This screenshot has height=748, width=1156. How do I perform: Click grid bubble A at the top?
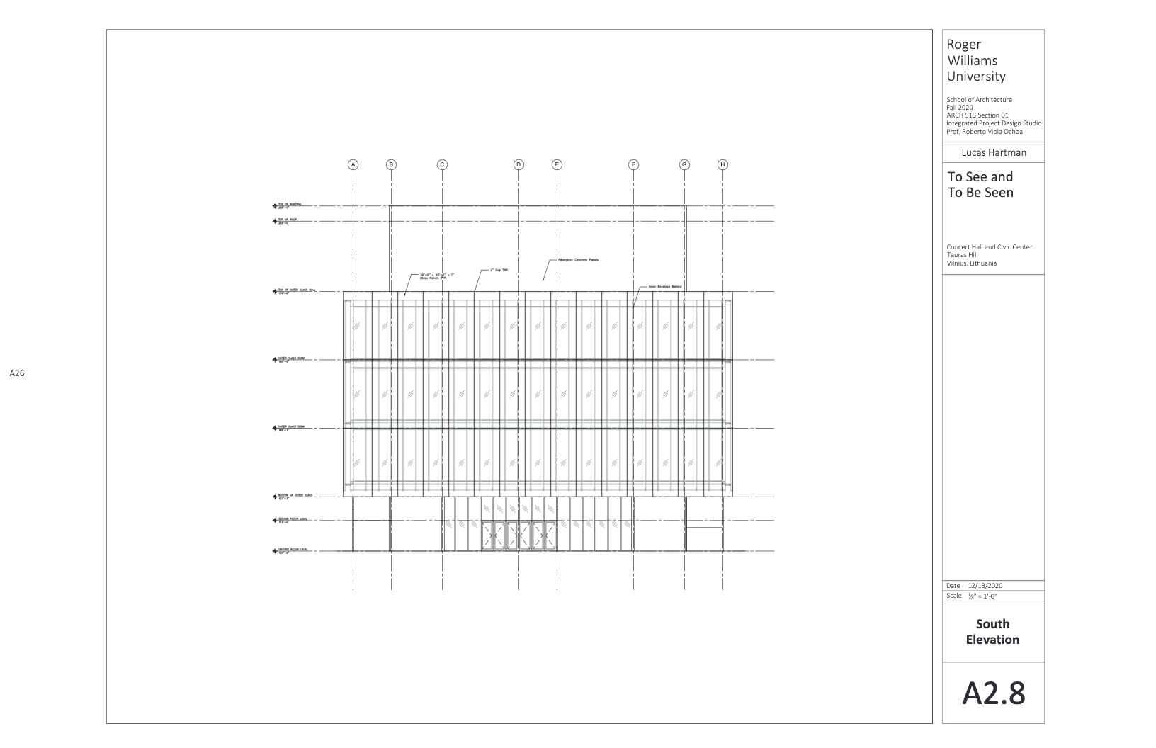(353, 164)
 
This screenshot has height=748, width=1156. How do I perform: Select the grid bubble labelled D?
(518, 164)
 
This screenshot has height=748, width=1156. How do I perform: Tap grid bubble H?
(722, 164)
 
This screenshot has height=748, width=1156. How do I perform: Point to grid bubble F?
(633, 164)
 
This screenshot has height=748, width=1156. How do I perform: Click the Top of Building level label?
(290, 205)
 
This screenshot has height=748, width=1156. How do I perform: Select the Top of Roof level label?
(288, 220)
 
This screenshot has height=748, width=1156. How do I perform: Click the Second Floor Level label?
(293, 520)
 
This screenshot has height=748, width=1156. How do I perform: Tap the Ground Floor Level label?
(293, 550)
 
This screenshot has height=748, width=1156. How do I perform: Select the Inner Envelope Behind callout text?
(664, 286)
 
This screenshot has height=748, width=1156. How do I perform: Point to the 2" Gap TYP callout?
(499, 270)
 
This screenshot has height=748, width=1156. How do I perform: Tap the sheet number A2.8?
(993, 693)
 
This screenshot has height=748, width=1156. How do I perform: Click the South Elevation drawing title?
(992, 632)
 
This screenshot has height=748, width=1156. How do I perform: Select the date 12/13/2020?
(985, 586)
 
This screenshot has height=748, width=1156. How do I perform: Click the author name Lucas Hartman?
(993, 152)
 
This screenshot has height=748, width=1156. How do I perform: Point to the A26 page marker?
(17, 373)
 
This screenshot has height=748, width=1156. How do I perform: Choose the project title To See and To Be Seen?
(980, 184)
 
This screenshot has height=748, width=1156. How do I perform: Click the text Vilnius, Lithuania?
(971, 263)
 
